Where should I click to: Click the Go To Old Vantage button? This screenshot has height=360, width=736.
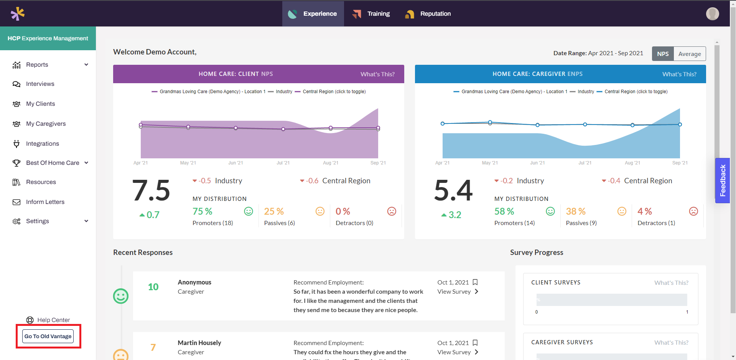(x=48, y=336)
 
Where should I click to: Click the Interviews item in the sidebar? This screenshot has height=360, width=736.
(x=40, y=84)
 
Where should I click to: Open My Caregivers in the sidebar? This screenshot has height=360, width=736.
(x=46, y=124)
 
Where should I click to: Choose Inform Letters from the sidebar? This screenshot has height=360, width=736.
(x=45, y=202)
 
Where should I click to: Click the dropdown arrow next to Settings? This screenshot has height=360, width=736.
(x=86, y=221)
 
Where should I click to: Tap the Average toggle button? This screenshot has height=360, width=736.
(x=689, y=54)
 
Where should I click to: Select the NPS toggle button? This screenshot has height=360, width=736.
(x=662, y=54)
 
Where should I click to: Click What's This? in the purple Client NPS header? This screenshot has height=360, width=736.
(x=377, y=74)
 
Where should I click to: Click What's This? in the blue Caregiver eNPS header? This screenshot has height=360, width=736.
(x=679, y=74)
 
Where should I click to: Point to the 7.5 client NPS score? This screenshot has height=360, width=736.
(x=151, y=191)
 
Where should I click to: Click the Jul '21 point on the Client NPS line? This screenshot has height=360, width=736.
(x=283, y=129)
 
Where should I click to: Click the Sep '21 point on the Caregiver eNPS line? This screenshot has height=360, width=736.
(x=680, y=125)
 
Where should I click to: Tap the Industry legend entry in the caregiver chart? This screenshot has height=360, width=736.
(x=585, y=92)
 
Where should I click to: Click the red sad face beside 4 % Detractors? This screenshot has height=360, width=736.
(x=693, y=211)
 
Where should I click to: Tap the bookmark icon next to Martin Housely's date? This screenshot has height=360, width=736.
(x=475, y=343)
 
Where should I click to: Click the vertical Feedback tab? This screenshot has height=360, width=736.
(x=722, y=181)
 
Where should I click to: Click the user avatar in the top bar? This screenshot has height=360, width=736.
(x=712, y=14)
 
